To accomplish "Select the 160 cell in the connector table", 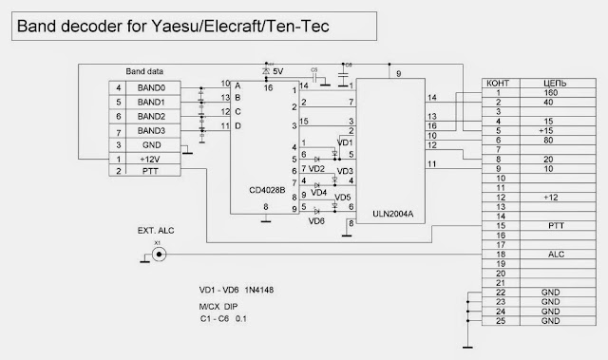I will [550, 94].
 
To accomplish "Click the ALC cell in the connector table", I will [550, 255].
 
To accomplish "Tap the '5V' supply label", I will [277, 70].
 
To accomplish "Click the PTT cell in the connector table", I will [550, 226].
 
